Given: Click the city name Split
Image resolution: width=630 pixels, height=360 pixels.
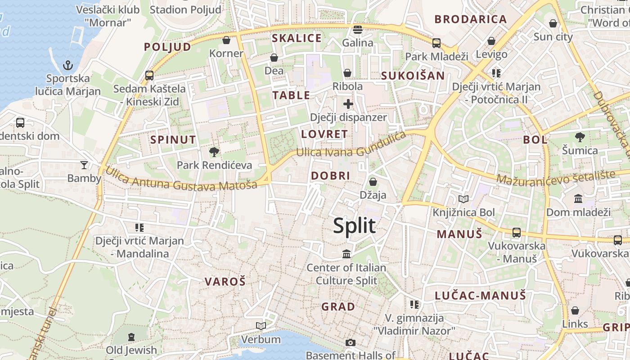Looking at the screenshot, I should point(354,225).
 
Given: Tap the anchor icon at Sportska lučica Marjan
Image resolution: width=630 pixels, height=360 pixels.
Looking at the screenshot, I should point(67,66).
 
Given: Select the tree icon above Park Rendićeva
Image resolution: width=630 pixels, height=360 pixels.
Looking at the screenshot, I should point(214,152).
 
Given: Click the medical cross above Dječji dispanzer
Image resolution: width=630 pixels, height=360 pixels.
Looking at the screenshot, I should point(348,104).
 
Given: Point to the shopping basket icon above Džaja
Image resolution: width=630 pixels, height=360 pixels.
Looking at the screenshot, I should point(373,182).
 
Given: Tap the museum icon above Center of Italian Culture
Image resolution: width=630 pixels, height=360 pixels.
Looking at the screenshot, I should point(346,254).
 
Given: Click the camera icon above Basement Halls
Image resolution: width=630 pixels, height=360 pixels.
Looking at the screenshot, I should point(351,343).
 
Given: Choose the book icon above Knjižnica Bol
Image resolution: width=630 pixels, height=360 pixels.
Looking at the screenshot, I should point(463,199).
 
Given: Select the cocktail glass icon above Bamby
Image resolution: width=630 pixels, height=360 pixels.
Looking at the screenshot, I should point(84,165).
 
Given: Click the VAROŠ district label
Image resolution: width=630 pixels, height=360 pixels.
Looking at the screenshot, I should point(225,282).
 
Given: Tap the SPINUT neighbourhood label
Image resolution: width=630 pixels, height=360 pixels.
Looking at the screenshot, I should point(173,140).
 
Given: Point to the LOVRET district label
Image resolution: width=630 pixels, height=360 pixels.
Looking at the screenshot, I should point(324,134).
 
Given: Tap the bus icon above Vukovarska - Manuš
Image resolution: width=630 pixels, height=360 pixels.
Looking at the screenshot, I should point(517,233).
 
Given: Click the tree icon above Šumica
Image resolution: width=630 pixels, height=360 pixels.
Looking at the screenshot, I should point(580,137).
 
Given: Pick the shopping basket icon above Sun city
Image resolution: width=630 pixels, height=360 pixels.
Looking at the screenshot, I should point(553,23).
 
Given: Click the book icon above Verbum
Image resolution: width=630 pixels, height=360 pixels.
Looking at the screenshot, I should point(261,326).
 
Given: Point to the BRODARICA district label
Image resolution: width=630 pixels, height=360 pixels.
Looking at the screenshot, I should point(471,19).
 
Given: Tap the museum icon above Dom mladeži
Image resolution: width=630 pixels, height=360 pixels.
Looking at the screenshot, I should point(578,198).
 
